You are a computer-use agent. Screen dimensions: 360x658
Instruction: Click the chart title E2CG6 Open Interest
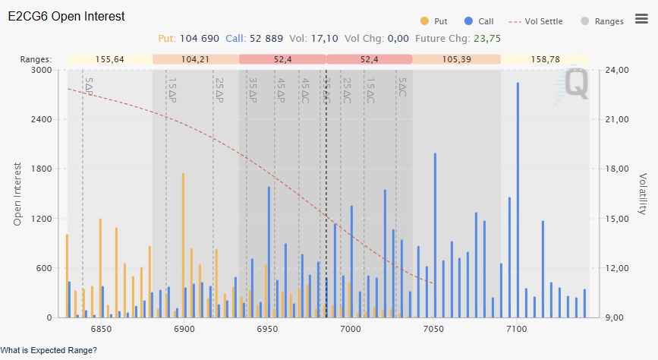(x=67, y=16)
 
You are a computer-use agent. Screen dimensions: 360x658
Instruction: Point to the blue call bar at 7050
(x=435, y=235)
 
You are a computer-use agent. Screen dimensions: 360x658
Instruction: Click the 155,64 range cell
(x=110, y=59)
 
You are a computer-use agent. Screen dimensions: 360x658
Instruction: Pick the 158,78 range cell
(x=545, y=59)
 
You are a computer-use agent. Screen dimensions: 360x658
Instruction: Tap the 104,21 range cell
(x=195, y=59)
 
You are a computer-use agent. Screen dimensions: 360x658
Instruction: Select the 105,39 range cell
(x=456, y=59)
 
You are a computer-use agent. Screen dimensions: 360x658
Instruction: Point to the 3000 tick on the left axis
(x=40, y=70)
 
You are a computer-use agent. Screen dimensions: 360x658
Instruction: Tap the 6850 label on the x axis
(x=101, y=328)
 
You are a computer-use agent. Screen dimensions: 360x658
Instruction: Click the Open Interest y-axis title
(x=18, y=193)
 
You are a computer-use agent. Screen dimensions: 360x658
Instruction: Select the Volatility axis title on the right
(x=643, y=193)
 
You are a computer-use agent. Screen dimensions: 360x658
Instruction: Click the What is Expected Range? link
(x=49, y=351)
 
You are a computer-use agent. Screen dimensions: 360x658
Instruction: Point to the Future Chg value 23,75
(x=486, y=38)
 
